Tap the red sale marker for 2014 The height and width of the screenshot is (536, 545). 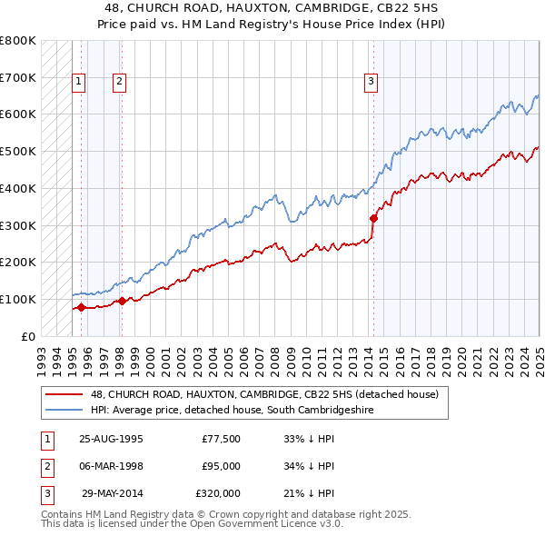(x=373, y=218)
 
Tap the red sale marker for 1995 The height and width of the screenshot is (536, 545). (x=81, y=307)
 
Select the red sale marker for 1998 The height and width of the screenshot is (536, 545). (x=121, y=301)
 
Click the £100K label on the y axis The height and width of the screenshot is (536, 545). (x=18, y=299)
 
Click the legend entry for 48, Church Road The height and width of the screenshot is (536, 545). (x=264, y=394)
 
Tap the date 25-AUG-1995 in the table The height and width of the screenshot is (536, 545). (x=111, y=439)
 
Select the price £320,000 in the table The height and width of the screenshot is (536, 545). (x=218, y=493)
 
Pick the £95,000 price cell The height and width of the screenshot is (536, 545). (x=221, y=466)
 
